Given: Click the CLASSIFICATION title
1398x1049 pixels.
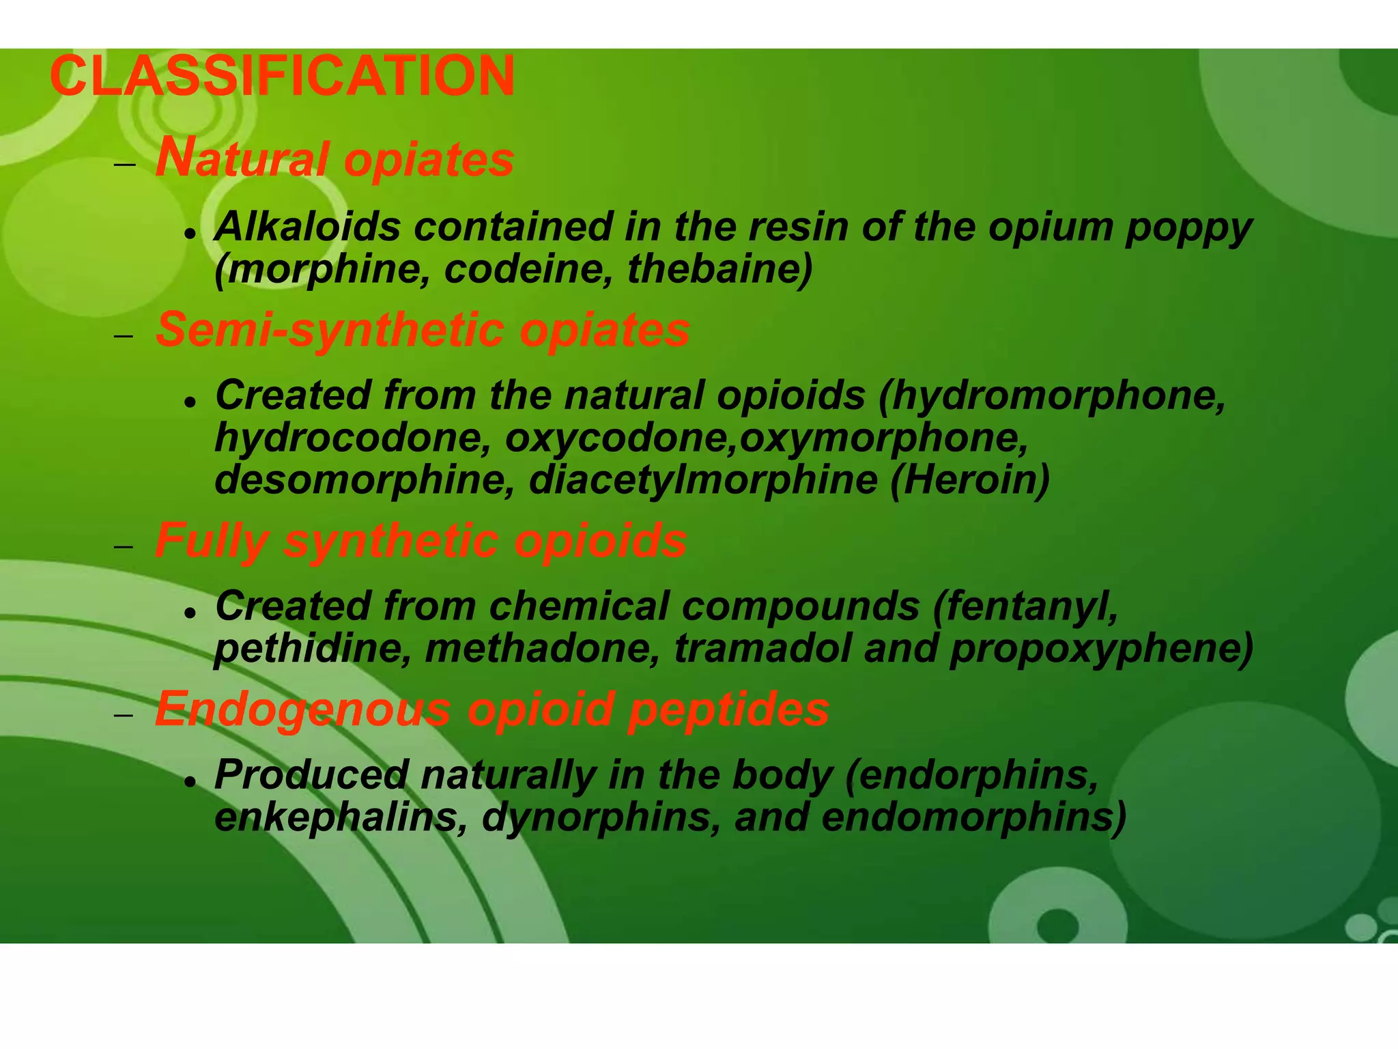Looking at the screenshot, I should point(282,76).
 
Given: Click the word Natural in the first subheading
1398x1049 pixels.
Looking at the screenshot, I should point(242,159).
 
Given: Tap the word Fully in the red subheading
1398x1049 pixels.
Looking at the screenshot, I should point(212,541).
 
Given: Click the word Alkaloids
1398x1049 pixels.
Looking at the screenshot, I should point(307,227).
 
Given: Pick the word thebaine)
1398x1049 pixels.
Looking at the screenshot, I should point(720,269).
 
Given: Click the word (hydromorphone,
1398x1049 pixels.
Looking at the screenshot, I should point(1052,396).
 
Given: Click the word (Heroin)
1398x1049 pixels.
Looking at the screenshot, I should point(969,480).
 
